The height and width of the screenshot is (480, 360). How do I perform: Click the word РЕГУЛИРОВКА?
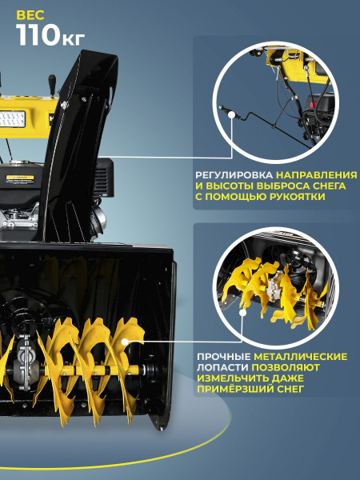point(234,174)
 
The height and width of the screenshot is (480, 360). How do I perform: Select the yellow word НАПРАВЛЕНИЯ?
point(317,174)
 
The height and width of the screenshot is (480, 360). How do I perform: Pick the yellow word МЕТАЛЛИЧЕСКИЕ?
point(301,356)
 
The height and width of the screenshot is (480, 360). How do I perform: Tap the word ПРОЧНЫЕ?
point(223,356)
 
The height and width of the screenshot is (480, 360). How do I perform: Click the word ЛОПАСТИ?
point(222,367)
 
